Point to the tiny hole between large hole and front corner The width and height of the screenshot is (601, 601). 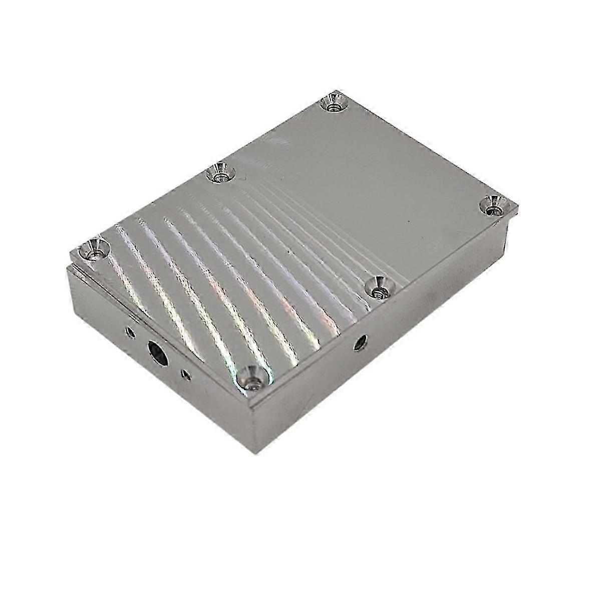coord(187,374)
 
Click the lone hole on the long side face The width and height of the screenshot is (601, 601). coord(360,343)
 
